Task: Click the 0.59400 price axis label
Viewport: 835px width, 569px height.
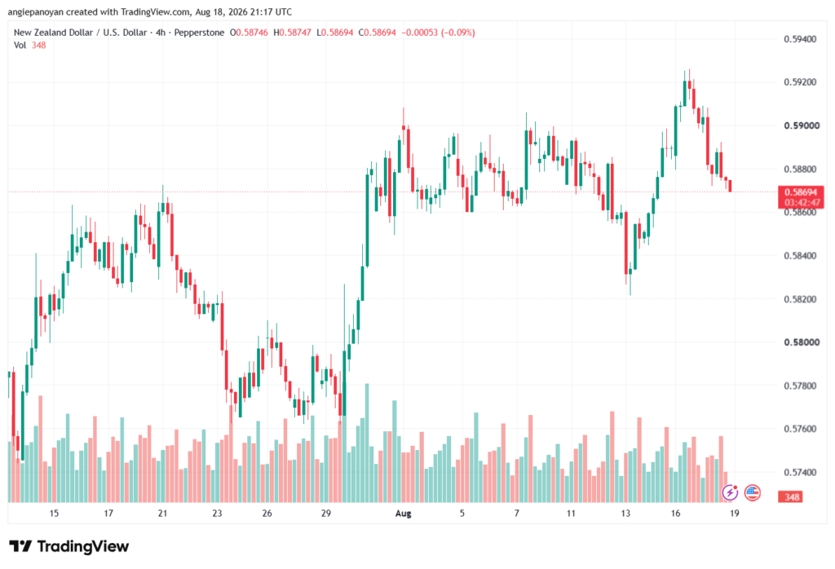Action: click(800, 39)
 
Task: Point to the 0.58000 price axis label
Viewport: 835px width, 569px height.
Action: click(800, 342)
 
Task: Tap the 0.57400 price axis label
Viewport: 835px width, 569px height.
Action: click(800, 472)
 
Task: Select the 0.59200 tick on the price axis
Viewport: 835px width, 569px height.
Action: click(800, 82)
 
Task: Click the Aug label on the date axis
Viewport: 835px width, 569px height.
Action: click(403, 514)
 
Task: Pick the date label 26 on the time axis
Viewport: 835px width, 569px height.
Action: click(267, 514)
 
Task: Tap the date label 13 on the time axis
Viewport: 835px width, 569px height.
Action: click(625, 514)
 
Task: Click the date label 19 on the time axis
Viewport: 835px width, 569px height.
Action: click(735, 514)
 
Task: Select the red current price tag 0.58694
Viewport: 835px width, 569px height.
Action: click(801, 192)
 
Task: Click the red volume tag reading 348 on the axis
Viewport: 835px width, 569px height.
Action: click(791, 496)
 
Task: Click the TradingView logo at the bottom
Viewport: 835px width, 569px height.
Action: click(69, 547)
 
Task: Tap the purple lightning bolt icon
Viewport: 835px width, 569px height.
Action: click(730, 493)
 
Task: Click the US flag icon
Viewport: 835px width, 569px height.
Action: click(752, 493)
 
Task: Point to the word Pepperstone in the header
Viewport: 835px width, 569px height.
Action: click(199, 33)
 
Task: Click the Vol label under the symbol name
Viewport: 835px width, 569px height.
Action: click(20, 46)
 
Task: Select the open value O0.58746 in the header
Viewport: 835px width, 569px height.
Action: click(249, 33)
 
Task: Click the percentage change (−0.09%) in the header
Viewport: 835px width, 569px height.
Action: click(458, 33)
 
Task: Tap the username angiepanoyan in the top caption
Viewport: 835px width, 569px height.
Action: click(36, 11)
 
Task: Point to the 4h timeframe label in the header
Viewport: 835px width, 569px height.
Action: click(161, 33)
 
